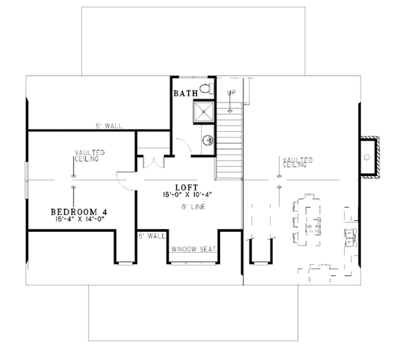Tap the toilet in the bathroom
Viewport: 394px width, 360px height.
(205, 89)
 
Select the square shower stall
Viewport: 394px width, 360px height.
(204, 114)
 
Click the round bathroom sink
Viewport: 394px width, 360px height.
(207, 139)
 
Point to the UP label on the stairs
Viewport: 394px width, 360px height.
(230, 93)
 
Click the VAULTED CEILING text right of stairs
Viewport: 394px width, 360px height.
(297, 162)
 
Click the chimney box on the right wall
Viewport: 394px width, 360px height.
(370, 158)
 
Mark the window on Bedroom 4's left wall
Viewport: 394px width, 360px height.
(27, 179)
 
